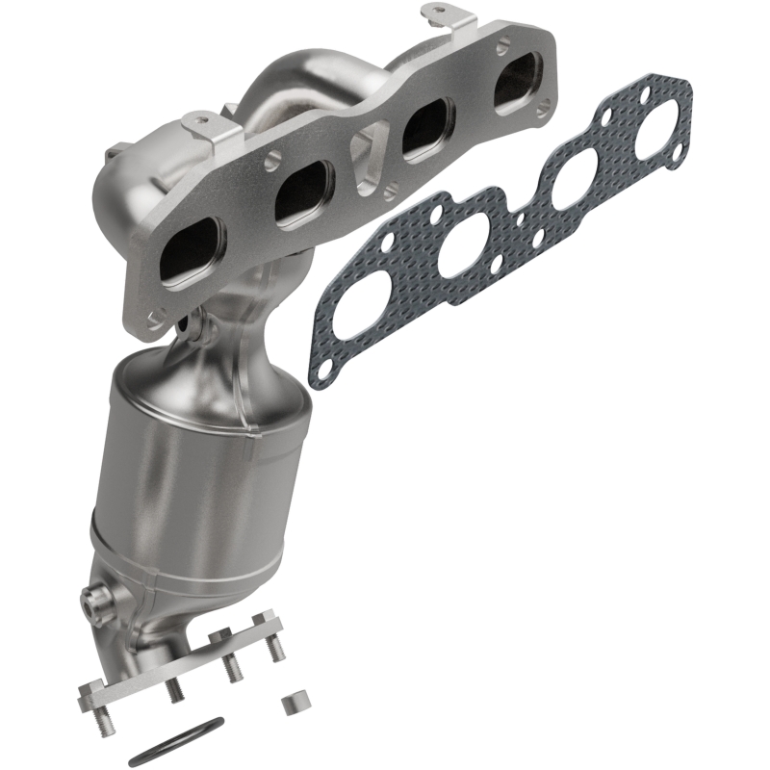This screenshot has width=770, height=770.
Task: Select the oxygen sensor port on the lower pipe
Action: [x=94, y=604]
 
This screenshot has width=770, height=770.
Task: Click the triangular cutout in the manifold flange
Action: [x=366, y=153]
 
